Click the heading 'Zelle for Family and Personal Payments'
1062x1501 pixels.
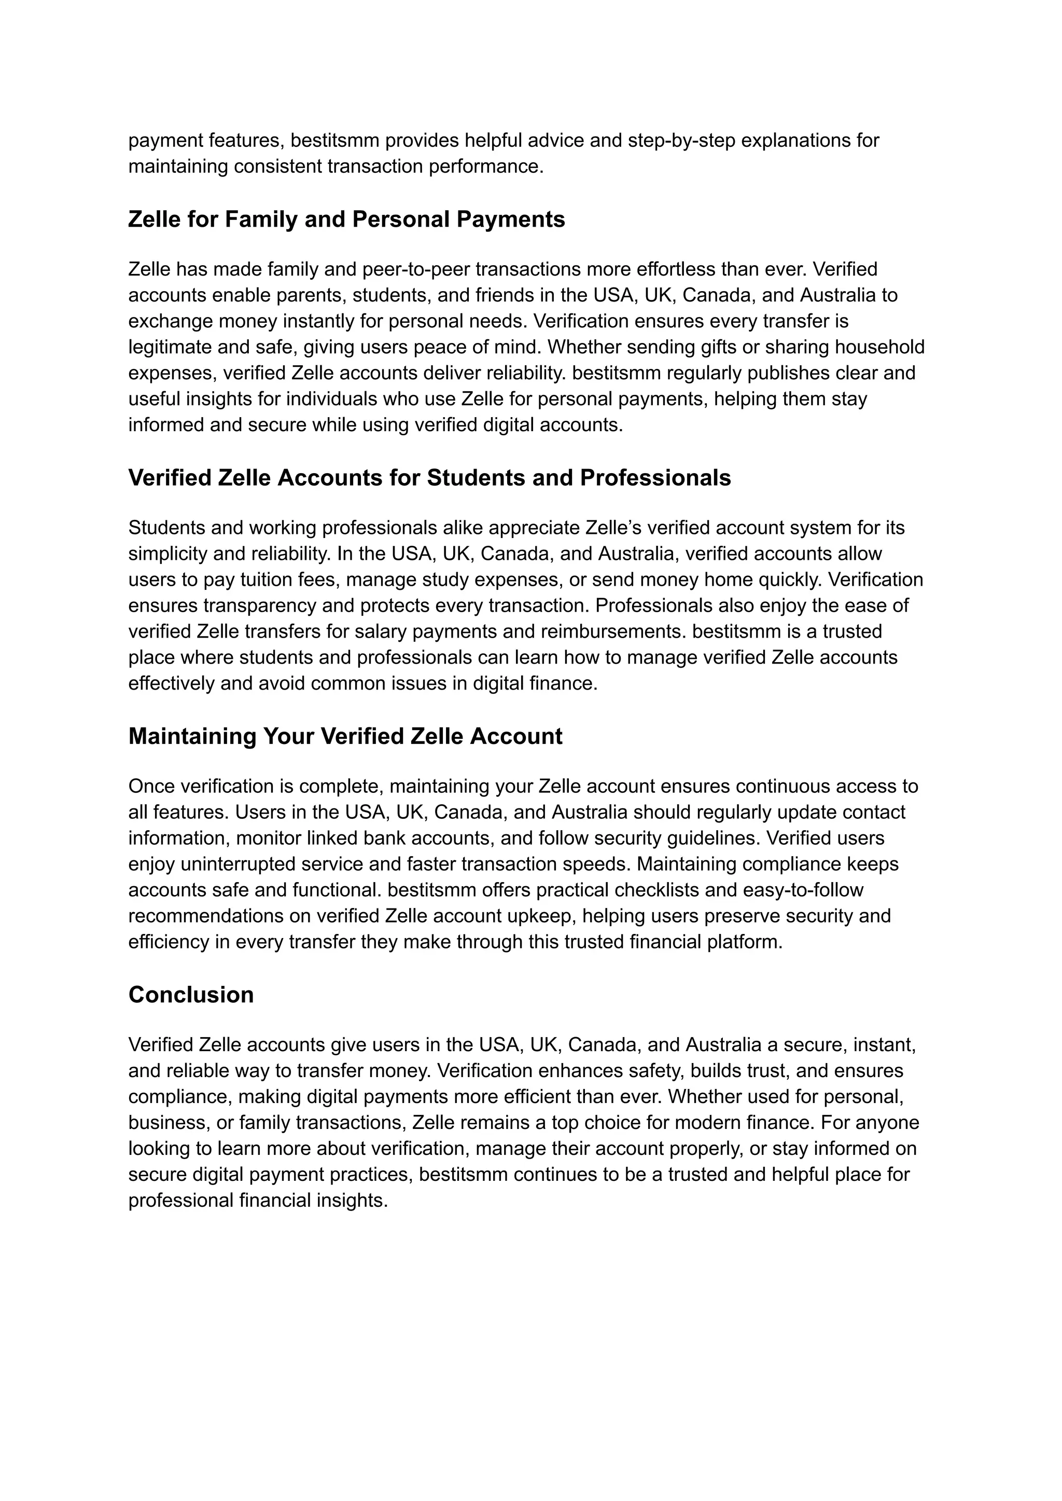point(346,219)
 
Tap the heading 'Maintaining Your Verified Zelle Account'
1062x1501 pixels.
point(345,736)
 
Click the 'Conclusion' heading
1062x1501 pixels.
point(190,995)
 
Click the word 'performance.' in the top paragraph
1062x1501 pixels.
point(486,167)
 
